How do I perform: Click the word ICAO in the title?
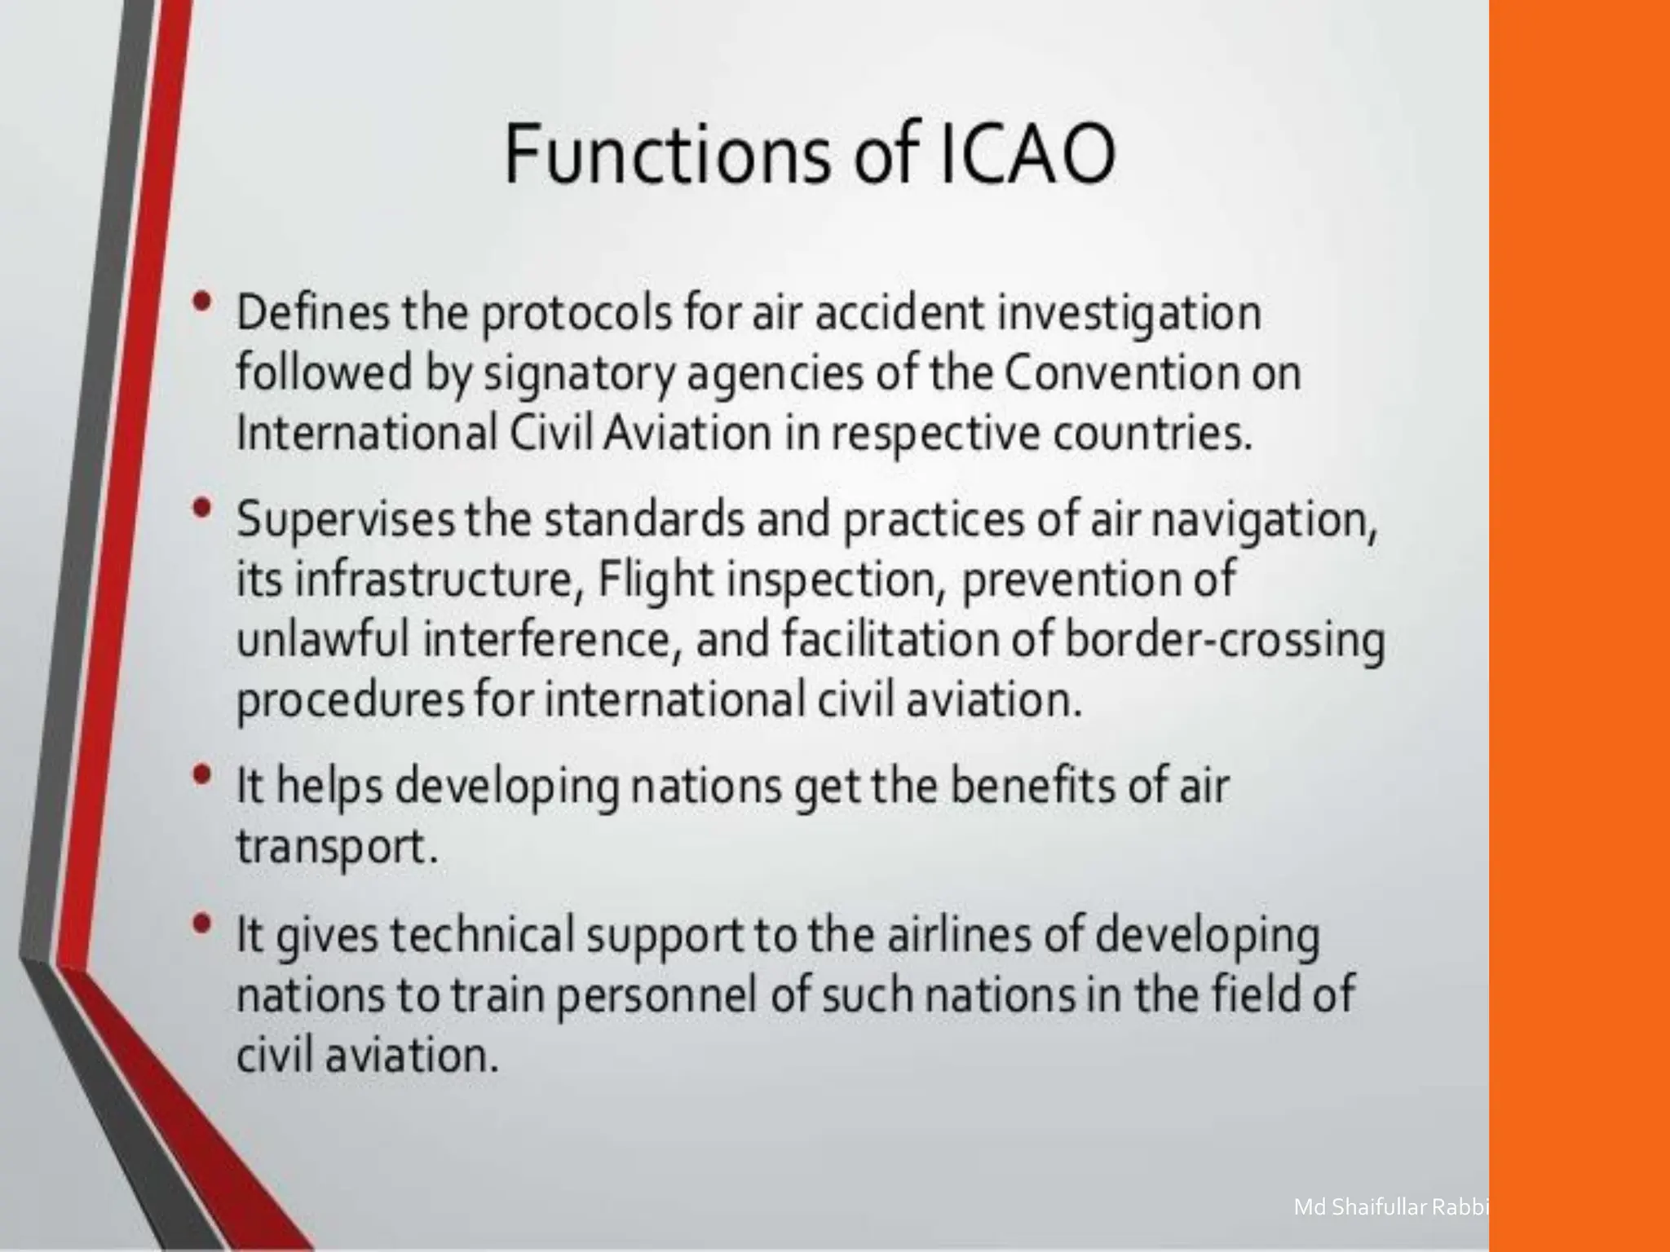[1027, 152]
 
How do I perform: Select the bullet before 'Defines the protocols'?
[202, 303]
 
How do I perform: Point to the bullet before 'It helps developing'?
[202, 775]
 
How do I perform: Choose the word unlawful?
[323, 639]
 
